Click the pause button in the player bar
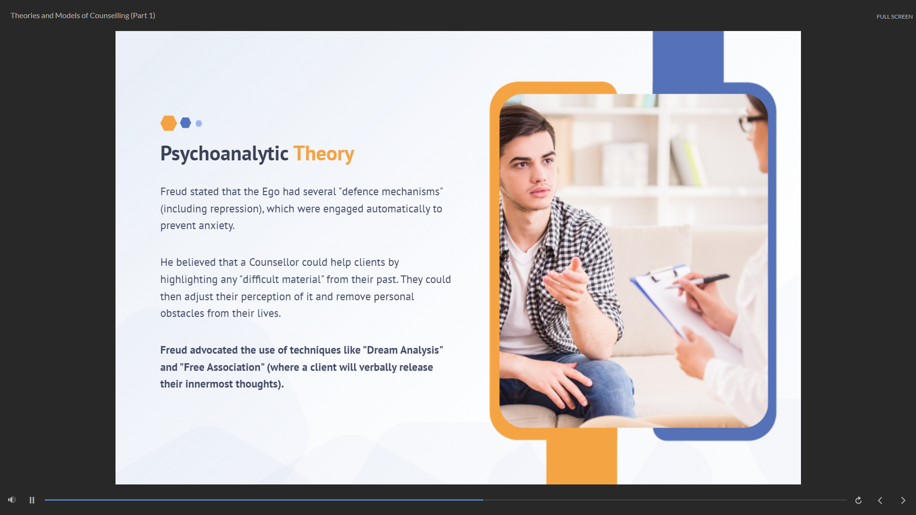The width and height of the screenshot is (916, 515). coord(32,500)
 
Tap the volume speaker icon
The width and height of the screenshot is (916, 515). coord(12,500)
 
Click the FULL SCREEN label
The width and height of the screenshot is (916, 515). coord(895,17)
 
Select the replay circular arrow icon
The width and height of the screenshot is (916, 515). coord(858,500)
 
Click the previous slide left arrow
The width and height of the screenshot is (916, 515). coord(880,500)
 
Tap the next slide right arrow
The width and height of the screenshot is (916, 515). coord(903,500)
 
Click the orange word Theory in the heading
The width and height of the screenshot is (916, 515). coord(324,154)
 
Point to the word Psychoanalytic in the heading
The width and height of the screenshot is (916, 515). coord(224,154)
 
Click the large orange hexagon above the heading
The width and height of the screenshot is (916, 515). coord(168,123)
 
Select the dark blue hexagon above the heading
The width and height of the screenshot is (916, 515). coord(186,123)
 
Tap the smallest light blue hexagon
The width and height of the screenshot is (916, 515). coord(199,124)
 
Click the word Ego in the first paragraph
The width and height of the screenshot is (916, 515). coord(271,192)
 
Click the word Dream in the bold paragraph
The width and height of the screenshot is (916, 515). coord(382,350)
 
